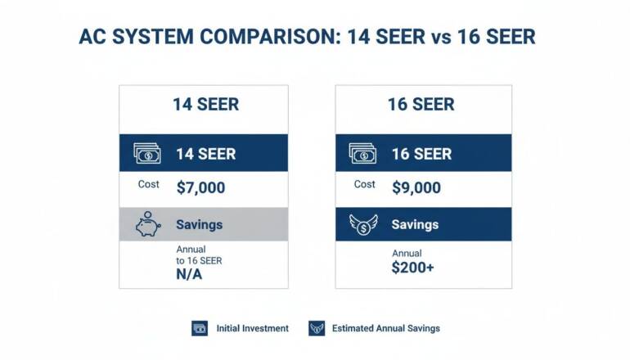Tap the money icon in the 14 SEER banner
147,154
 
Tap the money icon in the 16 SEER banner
362,154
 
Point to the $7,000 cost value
200,187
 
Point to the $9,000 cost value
416,187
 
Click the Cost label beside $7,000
149,185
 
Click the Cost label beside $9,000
365,185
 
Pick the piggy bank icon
147,223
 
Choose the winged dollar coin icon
362,224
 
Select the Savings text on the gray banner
199,224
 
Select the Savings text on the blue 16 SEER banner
416,224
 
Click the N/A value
189,275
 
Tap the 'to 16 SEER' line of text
199,260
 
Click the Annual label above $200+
407,254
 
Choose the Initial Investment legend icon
200,328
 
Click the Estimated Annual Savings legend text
385,328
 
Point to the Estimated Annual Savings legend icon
316,328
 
